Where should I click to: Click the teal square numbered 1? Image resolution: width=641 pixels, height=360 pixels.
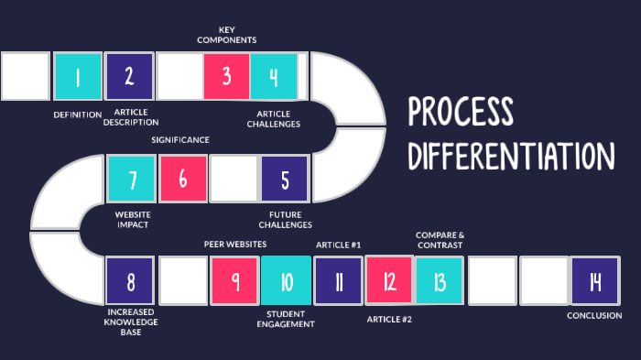click(x=78, y=77)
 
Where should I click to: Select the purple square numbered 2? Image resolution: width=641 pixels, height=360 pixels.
click(x=129, y=77)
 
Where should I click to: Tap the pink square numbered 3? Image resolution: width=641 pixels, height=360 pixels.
click(x=226, y=77)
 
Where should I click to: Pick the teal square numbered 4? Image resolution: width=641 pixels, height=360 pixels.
click(x=274, y=77)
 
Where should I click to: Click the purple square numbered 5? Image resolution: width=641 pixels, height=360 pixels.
click(x=285, y=179)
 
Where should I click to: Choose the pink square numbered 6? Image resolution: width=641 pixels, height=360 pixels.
click(x=183, y=179)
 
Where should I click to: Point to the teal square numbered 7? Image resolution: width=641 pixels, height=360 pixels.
click(x=133, y=179)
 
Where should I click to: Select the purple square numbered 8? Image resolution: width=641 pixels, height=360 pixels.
click(x=130, y=281)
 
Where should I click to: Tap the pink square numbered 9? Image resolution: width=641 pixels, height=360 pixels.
click(x=235, y=281)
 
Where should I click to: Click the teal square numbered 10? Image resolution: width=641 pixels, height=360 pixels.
click(x=287, y=281)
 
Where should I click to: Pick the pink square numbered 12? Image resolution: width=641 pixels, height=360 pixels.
click(x=389, y=280)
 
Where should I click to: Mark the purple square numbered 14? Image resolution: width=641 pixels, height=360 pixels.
click(x=593, y=281)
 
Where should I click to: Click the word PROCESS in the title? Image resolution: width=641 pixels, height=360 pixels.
click(x=461, y=112)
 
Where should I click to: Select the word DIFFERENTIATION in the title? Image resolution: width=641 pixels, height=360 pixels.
click(x=510, y=155)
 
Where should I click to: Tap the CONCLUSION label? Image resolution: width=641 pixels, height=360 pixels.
click(x=594, y=315)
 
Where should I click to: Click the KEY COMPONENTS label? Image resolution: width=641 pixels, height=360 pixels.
click(x=226, y=35)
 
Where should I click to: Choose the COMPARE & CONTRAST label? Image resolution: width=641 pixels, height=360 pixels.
click(x=440, y=240)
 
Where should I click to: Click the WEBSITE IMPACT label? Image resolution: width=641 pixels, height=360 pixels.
click(x=133, y=218)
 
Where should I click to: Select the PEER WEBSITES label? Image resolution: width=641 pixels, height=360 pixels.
click(x=235, y=245)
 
